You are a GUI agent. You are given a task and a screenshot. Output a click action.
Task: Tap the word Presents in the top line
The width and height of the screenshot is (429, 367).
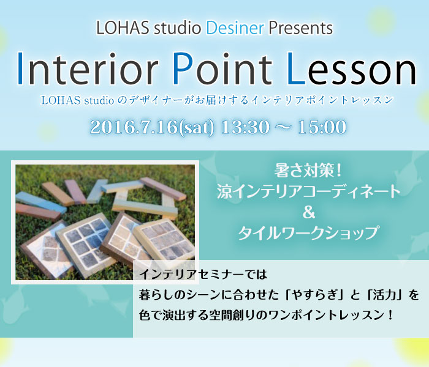302,28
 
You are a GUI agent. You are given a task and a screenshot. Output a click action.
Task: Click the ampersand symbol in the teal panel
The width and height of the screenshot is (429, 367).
309,212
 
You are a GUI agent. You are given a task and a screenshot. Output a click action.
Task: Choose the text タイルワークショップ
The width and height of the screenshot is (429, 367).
309,233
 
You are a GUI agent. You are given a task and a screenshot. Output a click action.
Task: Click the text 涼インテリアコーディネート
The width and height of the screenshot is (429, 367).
309,191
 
